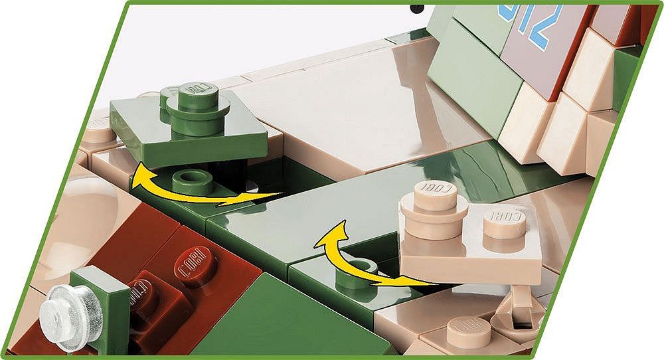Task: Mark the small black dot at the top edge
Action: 418,9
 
